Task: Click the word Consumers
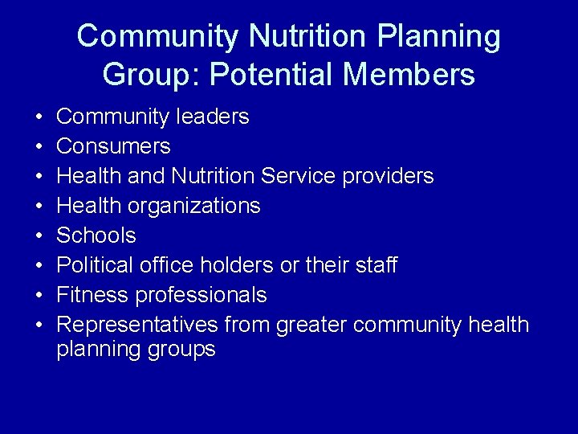tap(113, 146)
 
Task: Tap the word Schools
tap(96, 235)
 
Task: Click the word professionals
tap(201, 295)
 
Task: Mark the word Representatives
tap(137, 325)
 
